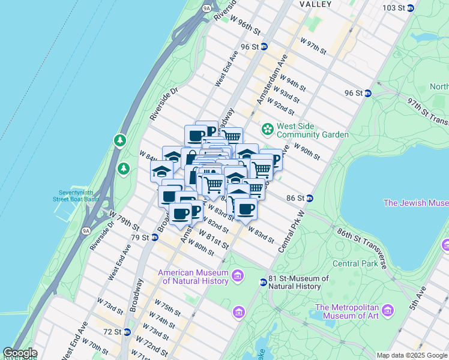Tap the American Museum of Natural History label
(x=193, y=277)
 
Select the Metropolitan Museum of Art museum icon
(x=388, y=310)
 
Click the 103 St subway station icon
(x=411, y=8)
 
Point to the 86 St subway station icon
(x=310, y=198)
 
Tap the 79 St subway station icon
(x=154, y=238)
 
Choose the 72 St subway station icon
(x=127, y=332)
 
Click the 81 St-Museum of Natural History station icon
(x=263, y=282)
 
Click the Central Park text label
(x=354, y=263)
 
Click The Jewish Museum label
(x=415, y=203)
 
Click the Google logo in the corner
(x=20, y=353)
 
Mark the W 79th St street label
(x=124, y=220)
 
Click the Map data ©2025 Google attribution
(x=412, y=355)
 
